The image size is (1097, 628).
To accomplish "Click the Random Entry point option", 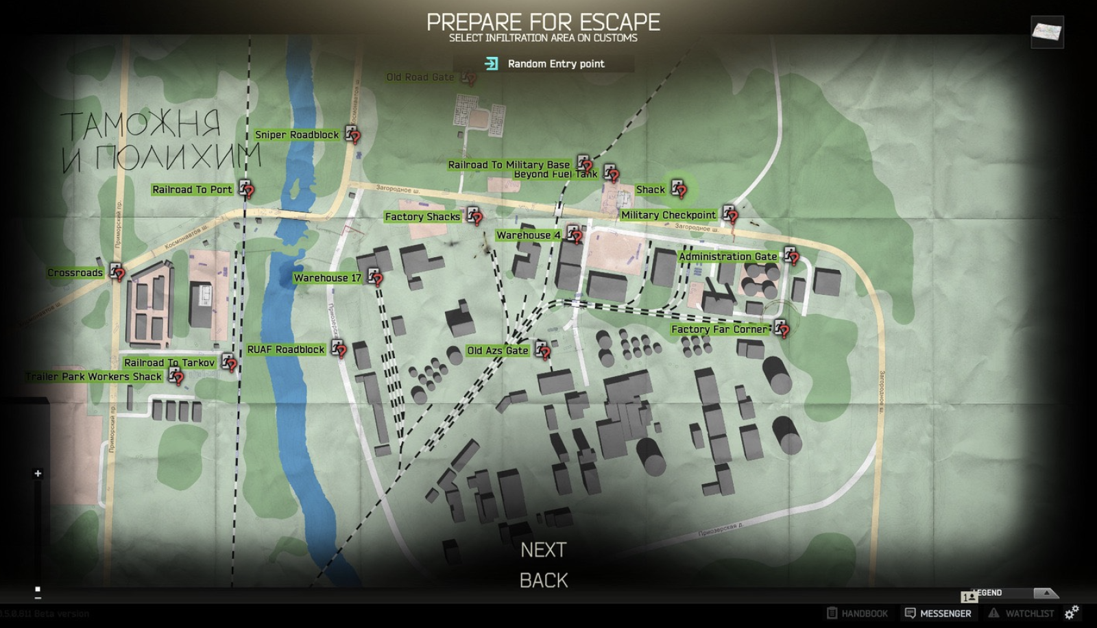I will click(555, 64).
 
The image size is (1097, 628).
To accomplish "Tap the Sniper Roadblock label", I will click(297, 135).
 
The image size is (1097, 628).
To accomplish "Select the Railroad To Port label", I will click(192, 190).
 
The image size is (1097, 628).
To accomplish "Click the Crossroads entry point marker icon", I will click(117, 271).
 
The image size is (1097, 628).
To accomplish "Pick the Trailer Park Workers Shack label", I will click(94, 376).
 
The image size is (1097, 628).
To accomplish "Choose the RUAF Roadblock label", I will click(286, 350).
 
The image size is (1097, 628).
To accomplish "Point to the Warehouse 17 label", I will click(327, 278).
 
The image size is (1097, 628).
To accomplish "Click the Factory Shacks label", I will click(422, 217).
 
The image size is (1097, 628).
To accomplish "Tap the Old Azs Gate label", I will click(498, 350).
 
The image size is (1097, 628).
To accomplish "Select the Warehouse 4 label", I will click(528, 235).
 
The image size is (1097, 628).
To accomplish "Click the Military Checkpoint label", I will click(668, 215).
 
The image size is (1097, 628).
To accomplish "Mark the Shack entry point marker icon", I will click(679, 188).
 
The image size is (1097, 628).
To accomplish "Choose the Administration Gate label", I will click(727, 256).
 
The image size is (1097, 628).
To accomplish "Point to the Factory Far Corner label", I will click(720, 329).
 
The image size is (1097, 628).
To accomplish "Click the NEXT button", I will click(543, 550).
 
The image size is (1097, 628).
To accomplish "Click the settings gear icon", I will click(1072, 612).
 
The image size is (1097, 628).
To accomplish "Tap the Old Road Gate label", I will click(420, 77).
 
